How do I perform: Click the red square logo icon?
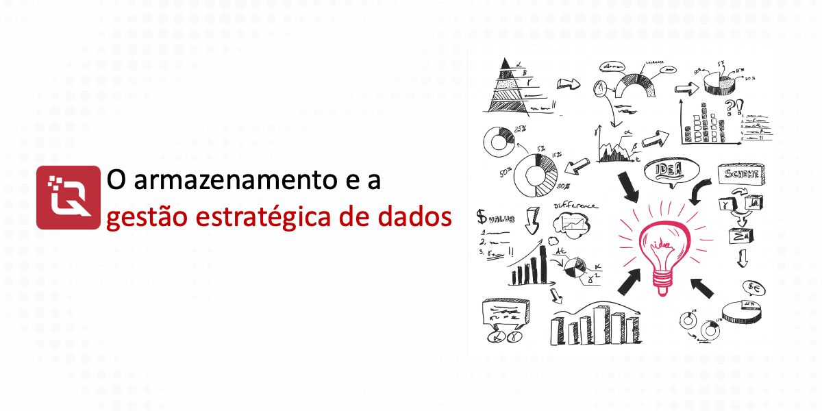(68, 197)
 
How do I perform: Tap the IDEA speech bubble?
(668, 171)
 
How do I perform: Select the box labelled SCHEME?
(741, 174)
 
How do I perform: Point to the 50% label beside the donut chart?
(506, 172)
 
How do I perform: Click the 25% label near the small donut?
(519, 129)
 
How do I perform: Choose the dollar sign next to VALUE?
(482, 218)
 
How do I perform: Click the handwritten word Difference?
(575, 205)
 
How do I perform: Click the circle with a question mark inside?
(601, 88)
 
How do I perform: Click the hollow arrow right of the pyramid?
(568, 84)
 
